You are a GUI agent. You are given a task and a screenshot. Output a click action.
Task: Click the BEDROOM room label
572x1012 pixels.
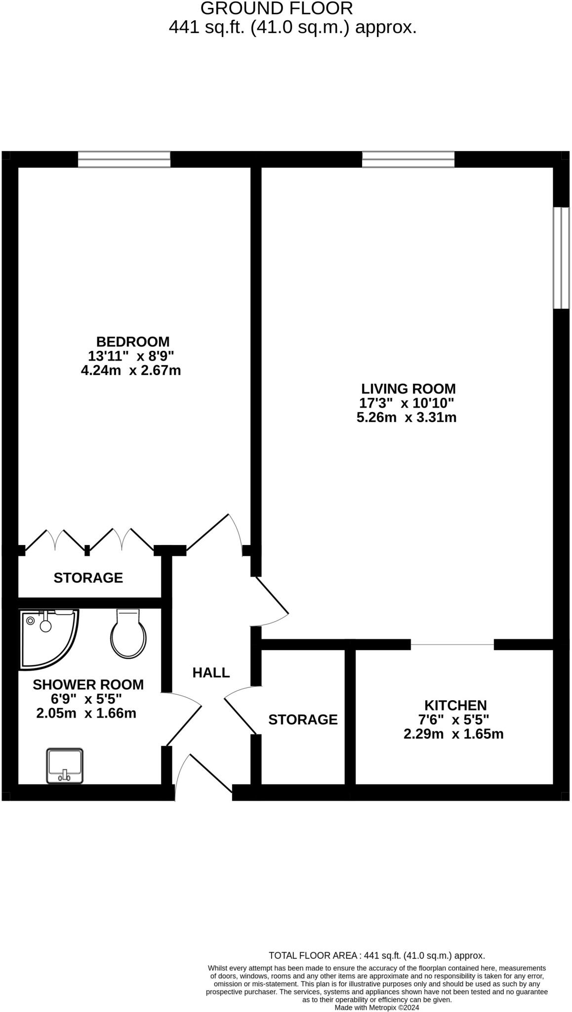pyautogui.click(x=132, y=341)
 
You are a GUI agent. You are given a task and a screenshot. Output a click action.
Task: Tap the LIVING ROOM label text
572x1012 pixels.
pyautogui.click(x=408, y=388)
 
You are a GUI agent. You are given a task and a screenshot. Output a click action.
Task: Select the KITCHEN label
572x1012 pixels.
pyautogui.click(x=455, y=705)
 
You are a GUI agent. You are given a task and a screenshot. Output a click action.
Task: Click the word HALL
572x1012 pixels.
pyautogui.click(x=211, y=673)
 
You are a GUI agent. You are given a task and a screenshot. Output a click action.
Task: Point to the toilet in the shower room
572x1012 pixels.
pyautogui.click(x=128, y=635)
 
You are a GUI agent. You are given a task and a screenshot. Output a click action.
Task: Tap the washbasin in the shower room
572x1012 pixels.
pyautogui.click(x=65, y=766)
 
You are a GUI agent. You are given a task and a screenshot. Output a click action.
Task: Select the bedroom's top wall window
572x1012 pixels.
pyautogui.click(x=124, y=160)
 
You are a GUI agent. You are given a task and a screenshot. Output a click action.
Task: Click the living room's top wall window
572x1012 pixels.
pyautogui.click(x=408, y=160)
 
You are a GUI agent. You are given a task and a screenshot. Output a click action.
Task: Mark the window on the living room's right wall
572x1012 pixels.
pyautogui.click(x=561, y=257)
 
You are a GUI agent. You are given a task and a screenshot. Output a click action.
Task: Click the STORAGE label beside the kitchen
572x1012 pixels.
pyautogui.click(x=303, y=719)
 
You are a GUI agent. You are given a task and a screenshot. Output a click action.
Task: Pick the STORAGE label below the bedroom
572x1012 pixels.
pyautogui.click(x=88, y=578)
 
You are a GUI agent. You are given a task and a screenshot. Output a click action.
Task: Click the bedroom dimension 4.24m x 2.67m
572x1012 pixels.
pyautogui.click(x=131, y=370)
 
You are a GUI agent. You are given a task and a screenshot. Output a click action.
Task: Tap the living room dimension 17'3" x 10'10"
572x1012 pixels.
pyautogui.click(x=407, y=403)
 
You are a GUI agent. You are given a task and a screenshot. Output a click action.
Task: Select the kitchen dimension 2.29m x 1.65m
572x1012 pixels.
pyautogui.click(x=453, y=734)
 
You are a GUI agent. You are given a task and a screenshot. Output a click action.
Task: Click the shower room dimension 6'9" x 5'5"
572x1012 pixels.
pyautogui.click(x=86, y=699)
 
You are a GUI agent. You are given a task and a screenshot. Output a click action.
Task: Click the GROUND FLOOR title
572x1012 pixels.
pyautogui.click(x=277, y=8)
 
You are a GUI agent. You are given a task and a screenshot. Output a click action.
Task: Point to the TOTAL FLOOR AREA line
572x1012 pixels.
pyautogui.click(x=376, y=956)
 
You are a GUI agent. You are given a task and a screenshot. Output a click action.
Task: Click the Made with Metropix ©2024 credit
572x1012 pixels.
pyautogui.click(x=376, y=1007)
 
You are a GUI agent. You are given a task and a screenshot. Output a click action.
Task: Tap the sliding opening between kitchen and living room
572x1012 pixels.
pyautogui.click(x=452, y=644)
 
